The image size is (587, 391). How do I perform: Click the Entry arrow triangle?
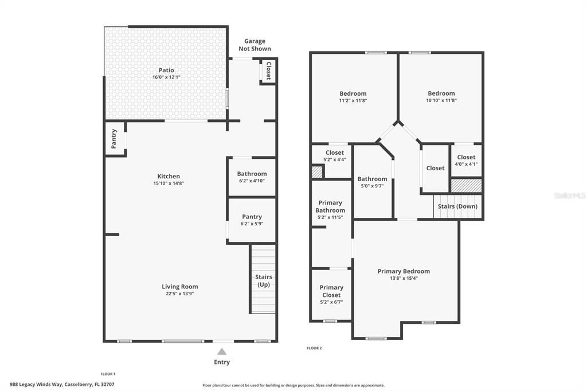point(222,351)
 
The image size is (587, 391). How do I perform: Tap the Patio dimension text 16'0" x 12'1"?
point(167,77)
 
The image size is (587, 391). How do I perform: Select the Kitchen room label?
point(169,177)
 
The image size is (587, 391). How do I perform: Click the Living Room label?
point(179,287)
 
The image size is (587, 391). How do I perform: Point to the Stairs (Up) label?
point(263,281)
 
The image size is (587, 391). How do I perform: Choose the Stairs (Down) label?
point(457,206)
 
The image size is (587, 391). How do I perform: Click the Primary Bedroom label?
point(404,271)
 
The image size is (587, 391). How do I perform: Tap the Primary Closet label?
point(331,291)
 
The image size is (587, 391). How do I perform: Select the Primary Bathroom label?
point(330,206)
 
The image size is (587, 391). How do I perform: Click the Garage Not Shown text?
point(255,45)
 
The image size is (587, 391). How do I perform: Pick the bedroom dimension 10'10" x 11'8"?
point(441,100)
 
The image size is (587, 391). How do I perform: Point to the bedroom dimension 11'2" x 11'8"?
point(353,100)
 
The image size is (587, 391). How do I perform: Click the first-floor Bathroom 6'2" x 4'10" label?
point(252,174)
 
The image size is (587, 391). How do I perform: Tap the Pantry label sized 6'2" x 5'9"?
point(252,217)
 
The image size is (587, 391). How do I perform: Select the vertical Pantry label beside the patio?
point(114,139)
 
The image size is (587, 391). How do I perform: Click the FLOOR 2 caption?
point(314,348)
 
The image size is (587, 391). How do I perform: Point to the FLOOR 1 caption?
point(108,374)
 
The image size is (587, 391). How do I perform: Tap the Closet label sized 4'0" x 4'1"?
point(466,157)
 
